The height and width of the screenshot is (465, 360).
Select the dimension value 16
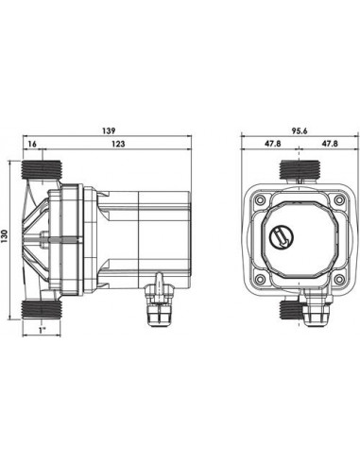(x=34, y=144)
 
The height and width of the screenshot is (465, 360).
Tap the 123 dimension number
(x=118, y=144)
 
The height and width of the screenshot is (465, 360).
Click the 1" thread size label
(x=42, y=332)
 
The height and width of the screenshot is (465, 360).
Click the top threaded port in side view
(x=42, y=173)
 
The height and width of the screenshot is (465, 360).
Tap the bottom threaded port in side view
(x=42, y=308)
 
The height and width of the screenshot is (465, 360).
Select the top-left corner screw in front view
(x=256, y=199)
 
